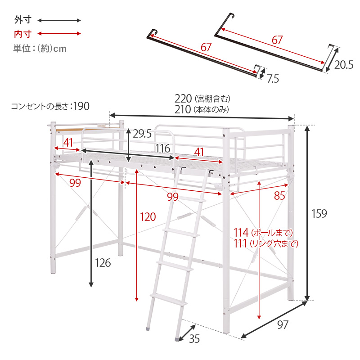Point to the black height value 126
pyautogui.click(x=102, y=263)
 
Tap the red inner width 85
pyautogui.click(x=279, y=196)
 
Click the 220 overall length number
pyautogui.click(x=183, y=99)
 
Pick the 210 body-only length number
pyautogui.click(x=183, y=109)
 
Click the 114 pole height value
pyautogui.click(x=242, y=233)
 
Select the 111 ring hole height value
pyautogui.click(x=242, y=243)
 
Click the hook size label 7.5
pyautogui.click(x=273, y=79)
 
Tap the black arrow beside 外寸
pyautogui.click(x=59, y=20)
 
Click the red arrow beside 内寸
pyautogui.click(x=59, y=33)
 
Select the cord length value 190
pyautogui.click(x=81, y=106)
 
